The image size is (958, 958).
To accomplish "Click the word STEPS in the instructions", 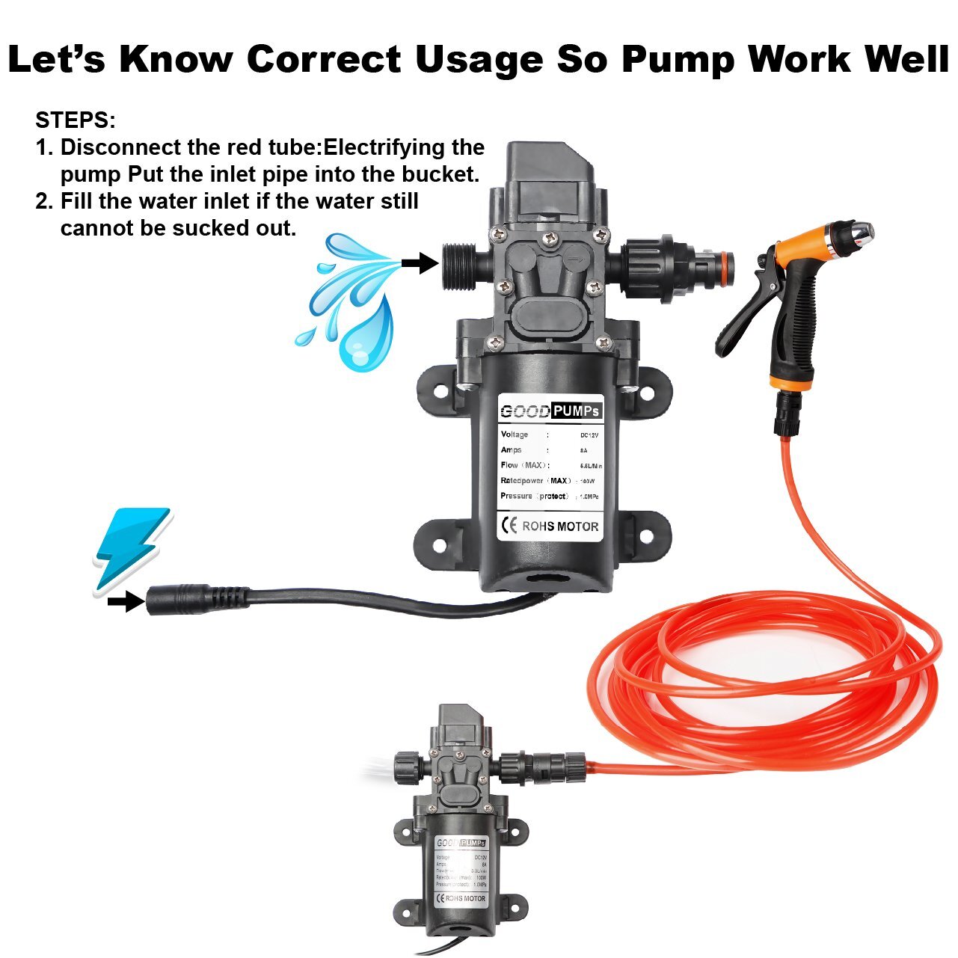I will point(75,120).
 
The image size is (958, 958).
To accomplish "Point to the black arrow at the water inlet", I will point(419,262).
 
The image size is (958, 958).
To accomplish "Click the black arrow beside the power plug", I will point(125,601).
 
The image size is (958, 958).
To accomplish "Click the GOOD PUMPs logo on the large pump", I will point(550,411).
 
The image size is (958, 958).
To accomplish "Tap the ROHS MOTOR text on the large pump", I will point(559,526).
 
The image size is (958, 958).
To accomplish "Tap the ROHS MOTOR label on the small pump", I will point(464,898).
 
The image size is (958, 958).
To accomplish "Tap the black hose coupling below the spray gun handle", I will point(787,415).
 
